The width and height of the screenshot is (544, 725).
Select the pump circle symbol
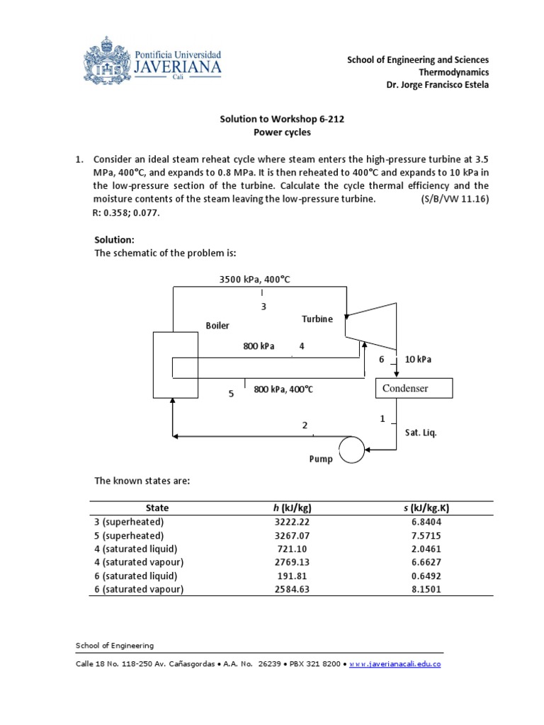point(351,449)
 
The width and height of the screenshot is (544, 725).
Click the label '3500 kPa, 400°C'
point(255,280)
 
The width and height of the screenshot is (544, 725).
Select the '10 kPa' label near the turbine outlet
point(418,360)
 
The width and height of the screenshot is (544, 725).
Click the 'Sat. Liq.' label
point(421,433)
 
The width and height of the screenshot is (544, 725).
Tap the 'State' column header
point(157,508)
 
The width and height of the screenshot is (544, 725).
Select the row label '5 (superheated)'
point(129,536)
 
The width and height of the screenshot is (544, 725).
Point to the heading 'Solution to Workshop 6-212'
point(282,119)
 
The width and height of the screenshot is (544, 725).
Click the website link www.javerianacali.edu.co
point(396,664)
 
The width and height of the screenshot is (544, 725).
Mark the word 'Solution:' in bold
point(115,240)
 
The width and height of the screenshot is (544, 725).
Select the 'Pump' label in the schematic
point(320,459)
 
